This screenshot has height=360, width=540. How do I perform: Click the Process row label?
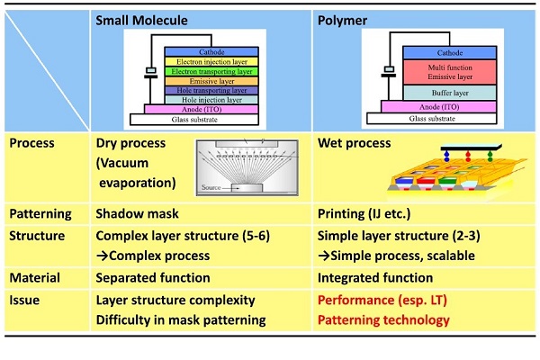[32, 143]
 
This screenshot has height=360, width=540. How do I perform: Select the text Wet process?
[355, 143]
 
